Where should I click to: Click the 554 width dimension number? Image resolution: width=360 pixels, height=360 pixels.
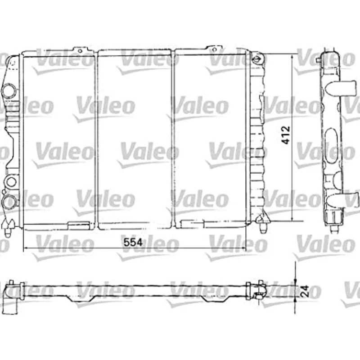pos(133,242)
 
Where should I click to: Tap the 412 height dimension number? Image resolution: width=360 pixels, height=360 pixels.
pos(287,135)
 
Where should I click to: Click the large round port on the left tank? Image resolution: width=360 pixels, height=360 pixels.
pos(8,90)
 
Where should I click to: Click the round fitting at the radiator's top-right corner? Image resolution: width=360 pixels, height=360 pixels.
pos(257,59)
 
